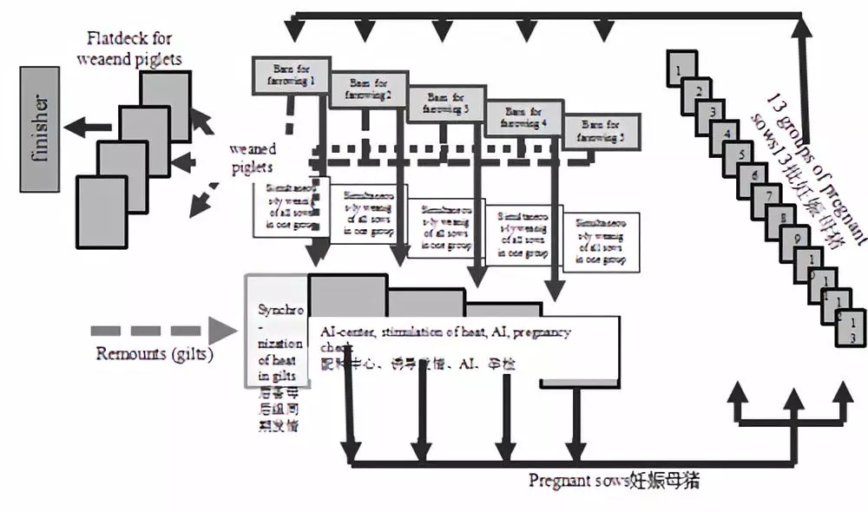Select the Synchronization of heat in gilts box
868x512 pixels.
(x=276, y=330)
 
